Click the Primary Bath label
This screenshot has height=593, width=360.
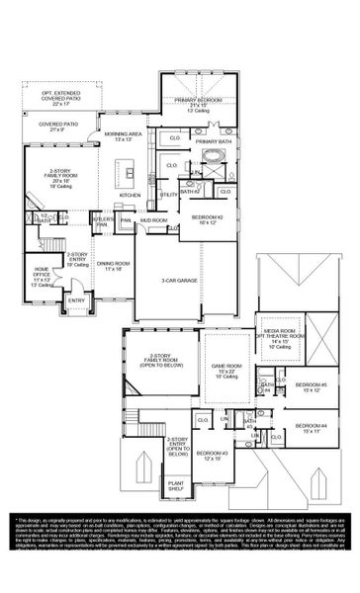tap(212, 142)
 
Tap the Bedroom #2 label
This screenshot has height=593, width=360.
tap(206, 218)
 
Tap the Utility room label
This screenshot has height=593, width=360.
tap(169, 195)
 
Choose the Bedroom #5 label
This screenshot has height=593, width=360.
tap(310, 386)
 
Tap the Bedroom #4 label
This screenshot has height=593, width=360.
tap(310, 428)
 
